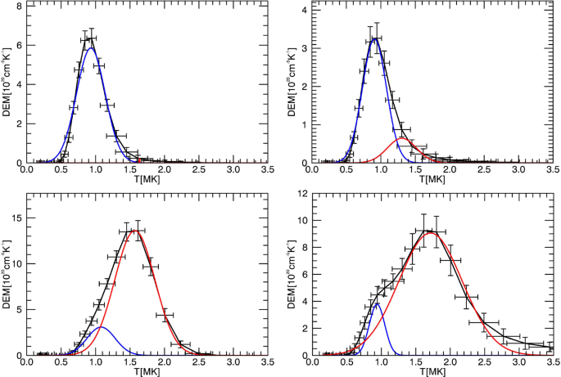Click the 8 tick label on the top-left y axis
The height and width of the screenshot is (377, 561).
[x=19, y=6]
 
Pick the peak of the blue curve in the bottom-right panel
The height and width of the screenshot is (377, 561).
[x=376, y=303]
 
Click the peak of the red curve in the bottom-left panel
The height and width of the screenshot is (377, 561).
[x=133, y=230]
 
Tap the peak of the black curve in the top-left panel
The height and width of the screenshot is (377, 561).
[x=90, y=38]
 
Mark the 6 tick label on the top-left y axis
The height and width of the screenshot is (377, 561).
[x=19, y=45]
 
